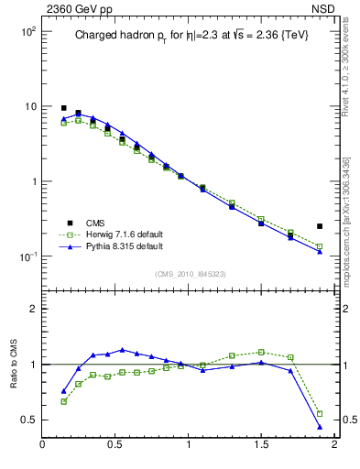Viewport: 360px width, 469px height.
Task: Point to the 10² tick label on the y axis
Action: click(x=27, y=31)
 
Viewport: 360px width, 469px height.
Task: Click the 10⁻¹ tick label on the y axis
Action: click(x=27, y=256)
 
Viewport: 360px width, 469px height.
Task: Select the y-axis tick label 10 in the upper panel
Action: click(x=29, y=106)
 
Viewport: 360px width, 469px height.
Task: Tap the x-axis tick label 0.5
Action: click(x=115, y=446)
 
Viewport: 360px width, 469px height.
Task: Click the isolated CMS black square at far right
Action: click(x=320, y=226)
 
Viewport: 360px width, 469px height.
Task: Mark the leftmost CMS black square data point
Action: click(x=64, y=108)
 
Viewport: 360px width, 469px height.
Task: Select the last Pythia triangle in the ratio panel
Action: click(x=320, y=427)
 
